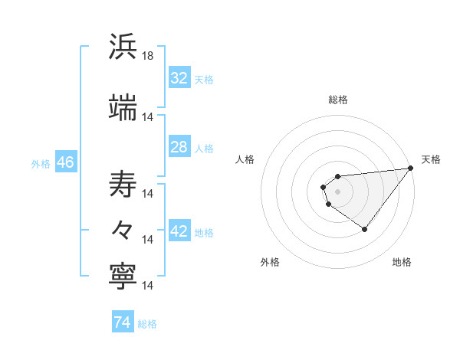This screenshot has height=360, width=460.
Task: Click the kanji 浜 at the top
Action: (x=123, y=47)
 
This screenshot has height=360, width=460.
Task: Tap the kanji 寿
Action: (x=123, y=184)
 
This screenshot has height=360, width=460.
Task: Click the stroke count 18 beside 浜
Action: (x=148, y=56)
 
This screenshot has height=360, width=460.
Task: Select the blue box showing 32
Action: (x=179, y=78)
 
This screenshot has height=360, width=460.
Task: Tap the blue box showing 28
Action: (x=179, y=147)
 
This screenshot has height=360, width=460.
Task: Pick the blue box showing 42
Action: (x=179, y=231)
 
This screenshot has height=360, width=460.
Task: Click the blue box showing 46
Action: (x=65, y=162)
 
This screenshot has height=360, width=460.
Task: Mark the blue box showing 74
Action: (x=122, y=322)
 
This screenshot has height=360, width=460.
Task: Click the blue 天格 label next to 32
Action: (x=203, y=79)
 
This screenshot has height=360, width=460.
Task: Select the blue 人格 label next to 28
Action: (x=203, y=148)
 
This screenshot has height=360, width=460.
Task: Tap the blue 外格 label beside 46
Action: (x=41, y=163)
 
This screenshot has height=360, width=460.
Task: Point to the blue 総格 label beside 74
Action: (x=147, y=323)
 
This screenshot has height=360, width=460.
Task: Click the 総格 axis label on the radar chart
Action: (x=337, y=100)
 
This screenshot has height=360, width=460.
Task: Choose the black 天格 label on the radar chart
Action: (x=432, y=159)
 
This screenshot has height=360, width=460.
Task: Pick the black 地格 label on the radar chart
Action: (x=402, y=262)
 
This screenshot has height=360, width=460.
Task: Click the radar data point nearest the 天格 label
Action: (x=411, y=169)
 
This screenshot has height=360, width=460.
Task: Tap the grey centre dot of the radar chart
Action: (x=337, y=191)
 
